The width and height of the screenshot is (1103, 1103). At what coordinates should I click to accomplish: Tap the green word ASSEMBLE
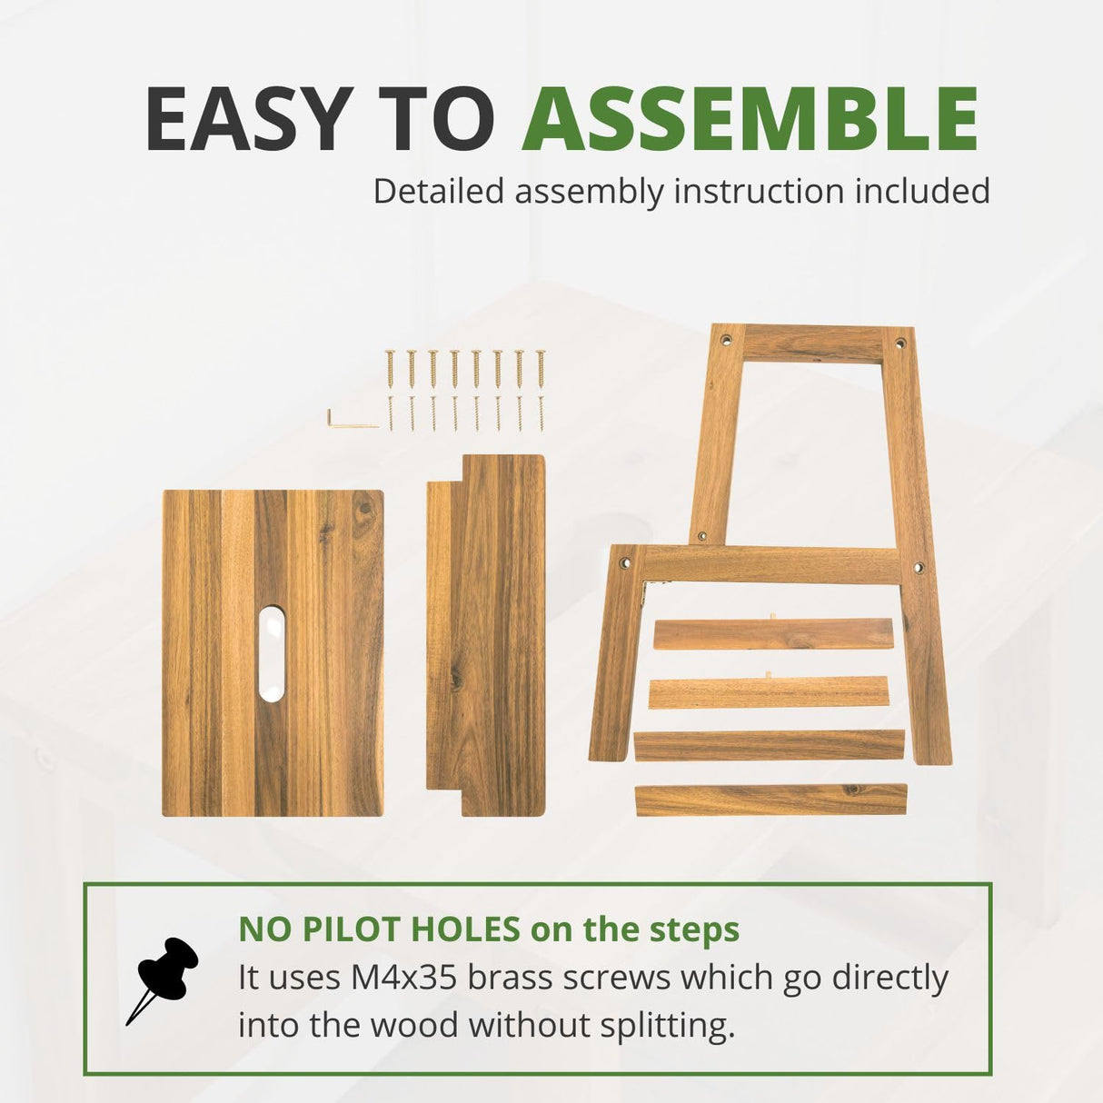[x=750, y=119]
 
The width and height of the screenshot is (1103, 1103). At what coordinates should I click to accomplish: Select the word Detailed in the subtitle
[x=438, y=192]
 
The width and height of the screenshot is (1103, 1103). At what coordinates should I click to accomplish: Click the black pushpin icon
[x=164, y=978]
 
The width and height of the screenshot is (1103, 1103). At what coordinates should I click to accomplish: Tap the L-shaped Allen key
[x=351, y=420]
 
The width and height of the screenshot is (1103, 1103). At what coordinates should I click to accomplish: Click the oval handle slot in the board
[x=271, y=654]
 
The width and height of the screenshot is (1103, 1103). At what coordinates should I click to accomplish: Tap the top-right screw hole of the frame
[x=900, y=344]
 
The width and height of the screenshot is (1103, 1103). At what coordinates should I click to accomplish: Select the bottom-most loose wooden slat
[x=770, y=800]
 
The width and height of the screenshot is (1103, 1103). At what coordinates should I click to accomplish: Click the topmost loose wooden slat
[x=772, y=634]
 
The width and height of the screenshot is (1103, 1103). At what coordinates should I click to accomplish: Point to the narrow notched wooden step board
[x=486, y=636]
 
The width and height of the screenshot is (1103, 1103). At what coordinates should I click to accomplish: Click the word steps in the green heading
[x=694, y=929]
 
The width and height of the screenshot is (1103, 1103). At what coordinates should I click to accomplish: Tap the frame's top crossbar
[x=813, y=344]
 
